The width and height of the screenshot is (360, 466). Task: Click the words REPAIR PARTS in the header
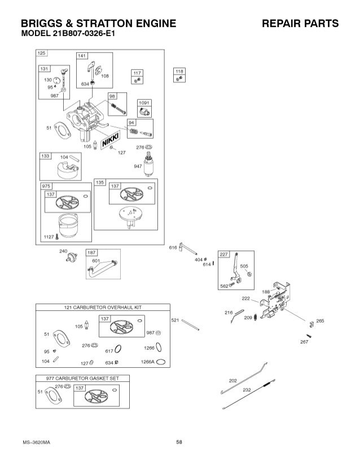coord(300,24)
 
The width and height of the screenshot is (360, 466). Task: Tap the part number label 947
coord(138,166)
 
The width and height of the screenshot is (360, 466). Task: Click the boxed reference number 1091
coord(144,102)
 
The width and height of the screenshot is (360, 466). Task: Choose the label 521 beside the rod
coord(175,320)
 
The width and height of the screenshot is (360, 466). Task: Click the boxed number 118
coord(179,72)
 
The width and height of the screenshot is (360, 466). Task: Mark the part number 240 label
coord(63,252)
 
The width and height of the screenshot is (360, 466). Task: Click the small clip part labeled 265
coord(310,323)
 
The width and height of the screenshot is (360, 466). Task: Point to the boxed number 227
coord(223,254)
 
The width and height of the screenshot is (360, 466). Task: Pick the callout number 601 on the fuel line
coord(95,261)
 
